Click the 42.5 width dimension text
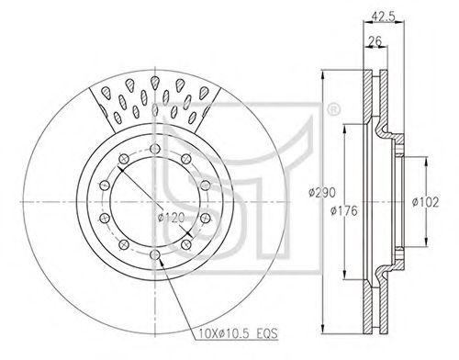tap(383, 16)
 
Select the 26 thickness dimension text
tap(375, 40)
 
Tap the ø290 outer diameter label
tap(322, 193)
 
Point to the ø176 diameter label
tap(344, 210)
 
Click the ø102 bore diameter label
tap(425, 202)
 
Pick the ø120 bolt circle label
tap(172, 218)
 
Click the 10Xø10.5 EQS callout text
tap(238, 332)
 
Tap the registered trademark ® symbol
tap(332, 110)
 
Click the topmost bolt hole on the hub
tap(155, 149)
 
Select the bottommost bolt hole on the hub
tap(155, 254)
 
